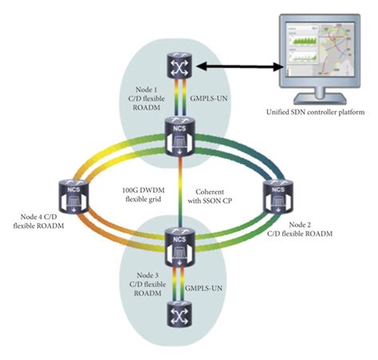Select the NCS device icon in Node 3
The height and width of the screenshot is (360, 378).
coord(178,244)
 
